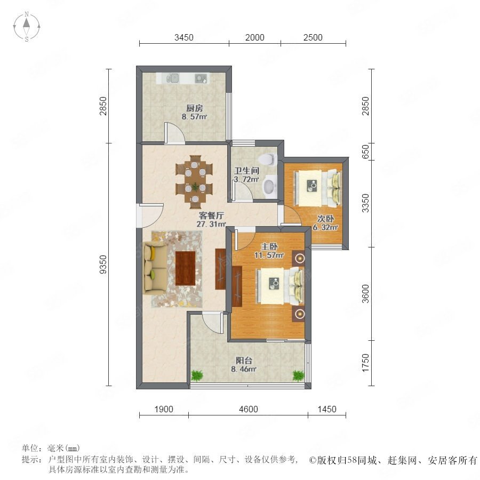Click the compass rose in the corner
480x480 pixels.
coord(27,26)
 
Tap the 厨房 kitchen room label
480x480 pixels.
coord(195,108)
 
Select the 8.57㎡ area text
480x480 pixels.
coord(194,117)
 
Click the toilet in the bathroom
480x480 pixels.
coord(267,159)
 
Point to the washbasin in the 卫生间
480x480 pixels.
coord(270,186)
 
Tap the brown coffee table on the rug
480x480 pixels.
coord(185,268)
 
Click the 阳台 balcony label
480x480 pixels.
coord(244,361)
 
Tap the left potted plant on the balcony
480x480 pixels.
coord(197,375)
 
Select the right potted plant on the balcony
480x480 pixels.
coord(298,375)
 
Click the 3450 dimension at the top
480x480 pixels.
coord(183,38)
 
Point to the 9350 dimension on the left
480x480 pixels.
coord(103,264)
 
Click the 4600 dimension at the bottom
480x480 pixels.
coord(248,409)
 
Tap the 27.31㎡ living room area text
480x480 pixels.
coord(211,224)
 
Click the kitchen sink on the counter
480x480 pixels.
coord(173,78)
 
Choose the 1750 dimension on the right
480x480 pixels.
coord(365,363)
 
